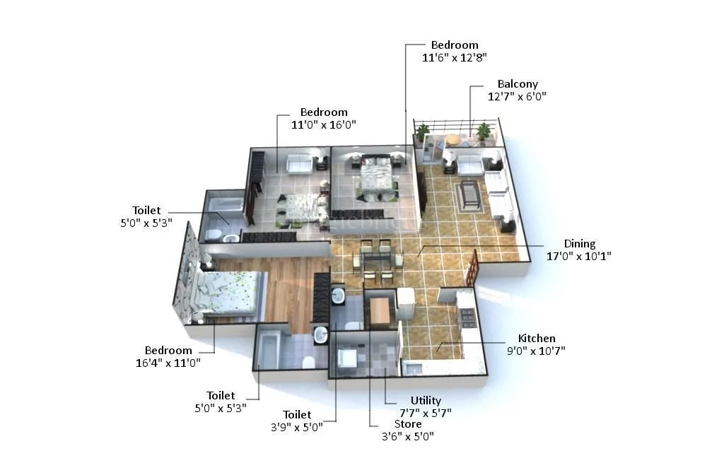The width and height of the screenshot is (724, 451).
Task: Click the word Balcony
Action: click(518, 84)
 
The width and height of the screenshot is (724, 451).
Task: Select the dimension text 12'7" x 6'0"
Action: click(517, 96)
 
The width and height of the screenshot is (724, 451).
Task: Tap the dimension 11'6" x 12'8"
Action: click(455, 57)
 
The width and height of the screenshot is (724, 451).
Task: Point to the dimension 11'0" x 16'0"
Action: click(323, 124)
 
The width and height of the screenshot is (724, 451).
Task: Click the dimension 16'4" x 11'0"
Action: click(168, 363)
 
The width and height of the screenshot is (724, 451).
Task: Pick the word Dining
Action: click(579, 244)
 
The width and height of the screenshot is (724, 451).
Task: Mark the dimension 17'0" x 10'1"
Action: click(579, 256)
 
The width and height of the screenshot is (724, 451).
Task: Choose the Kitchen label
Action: click(537, 339)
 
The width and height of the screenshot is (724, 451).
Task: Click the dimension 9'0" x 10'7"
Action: click(537, 351)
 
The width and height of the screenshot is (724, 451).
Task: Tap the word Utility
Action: click(426, 401)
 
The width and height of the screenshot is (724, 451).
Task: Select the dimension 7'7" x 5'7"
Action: click(426, 413)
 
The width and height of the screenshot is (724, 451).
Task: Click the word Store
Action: click(408, 424)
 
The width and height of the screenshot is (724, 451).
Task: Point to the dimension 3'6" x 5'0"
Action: click(408, 436)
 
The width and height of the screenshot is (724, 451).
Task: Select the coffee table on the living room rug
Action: click(469, 194)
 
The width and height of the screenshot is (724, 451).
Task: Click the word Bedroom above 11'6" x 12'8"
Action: click(455, 45)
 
